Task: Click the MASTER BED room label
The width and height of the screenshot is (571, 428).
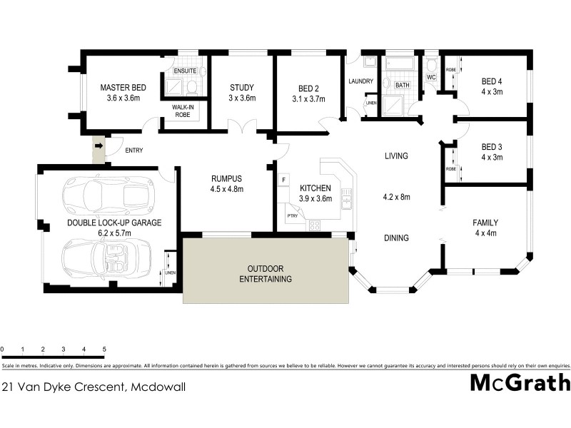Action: (x=123, y=87)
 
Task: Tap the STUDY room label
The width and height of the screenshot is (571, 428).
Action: (x=242, y=87)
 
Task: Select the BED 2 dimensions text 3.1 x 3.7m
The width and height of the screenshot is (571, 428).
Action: (x=308, y=98)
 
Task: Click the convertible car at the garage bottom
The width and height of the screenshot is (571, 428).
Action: (x=108, y=255)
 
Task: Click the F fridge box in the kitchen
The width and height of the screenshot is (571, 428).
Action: (x=284, y=178)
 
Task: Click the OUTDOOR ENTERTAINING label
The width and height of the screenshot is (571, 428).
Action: (x=266, y=274)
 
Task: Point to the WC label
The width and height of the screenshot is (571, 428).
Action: (x=431, y=77)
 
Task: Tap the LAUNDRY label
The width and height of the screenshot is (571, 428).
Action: (x=361, y=81)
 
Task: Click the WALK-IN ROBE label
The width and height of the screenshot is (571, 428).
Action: (x=183, y=111)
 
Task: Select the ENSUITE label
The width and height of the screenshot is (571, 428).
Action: (x=184, y=71)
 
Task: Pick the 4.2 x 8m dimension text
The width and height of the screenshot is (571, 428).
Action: (x=395, y=196)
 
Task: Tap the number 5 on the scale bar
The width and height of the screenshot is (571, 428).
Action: (x=105, y=350)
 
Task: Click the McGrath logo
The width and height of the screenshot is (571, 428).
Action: (x=520, y=382)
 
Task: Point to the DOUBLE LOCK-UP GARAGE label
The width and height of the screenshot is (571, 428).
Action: (x=114, y=223)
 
